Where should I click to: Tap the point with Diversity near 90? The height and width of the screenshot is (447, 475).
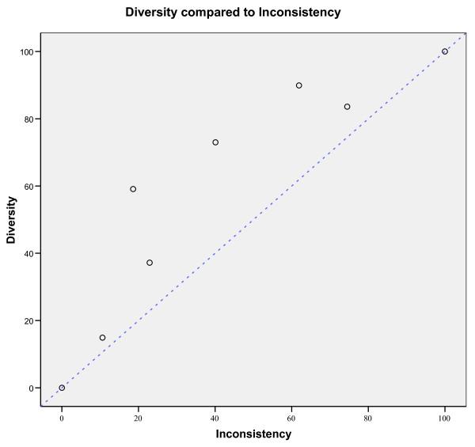[x=298, y=85]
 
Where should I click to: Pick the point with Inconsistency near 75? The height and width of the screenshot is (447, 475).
[x=347, y=107]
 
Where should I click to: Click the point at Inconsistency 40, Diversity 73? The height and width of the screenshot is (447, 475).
[x=215, y=142]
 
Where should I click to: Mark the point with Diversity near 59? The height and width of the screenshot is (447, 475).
[x=133, y=189]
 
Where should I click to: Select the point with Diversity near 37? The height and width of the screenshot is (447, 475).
[x=150, y=263]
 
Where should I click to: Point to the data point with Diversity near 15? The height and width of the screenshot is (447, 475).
[x=102, y=338]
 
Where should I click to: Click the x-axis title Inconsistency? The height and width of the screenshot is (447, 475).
[x=253, y=434]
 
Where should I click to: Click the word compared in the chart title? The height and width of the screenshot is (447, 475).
[x=215, y=13]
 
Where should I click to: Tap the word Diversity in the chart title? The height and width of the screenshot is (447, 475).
[x=154, y=13]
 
